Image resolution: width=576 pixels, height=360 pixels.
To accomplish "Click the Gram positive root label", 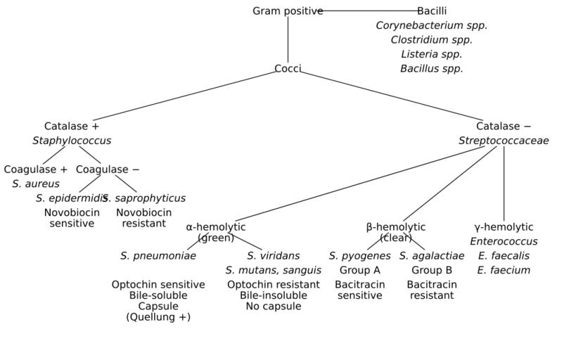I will pyautogui.click(x=288, y=11).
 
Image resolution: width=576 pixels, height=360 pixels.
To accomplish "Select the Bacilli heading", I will pyautogui.click(x=431, y=11).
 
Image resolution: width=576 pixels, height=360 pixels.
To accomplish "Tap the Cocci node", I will pyautogui.click(x=288, y=69).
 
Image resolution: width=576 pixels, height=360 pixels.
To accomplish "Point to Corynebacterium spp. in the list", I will pyautogui.click(x=431, y=25).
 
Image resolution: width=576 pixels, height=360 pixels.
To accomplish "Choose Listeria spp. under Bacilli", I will pyautogui.click(x=431, y=54).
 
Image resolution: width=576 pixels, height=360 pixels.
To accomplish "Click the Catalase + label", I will pyautogui.click(x=72, y=127).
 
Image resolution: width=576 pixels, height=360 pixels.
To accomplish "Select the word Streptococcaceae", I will pyautogui.click(x=504, y=141).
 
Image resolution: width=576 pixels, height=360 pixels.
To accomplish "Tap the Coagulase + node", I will pyautogui.click(x=36, y=169).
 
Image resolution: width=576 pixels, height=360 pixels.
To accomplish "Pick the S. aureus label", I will pyautogui.click(x=36, y=184).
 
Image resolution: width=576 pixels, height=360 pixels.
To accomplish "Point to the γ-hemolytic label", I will pyautogui.click(x=504, y=227).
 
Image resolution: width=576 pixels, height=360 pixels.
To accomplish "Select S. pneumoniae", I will pyautogui.click(x=158, y=256).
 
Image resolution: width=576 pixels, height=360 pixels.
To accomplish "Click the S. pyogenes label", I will pyautogui.click(x=359, y=256).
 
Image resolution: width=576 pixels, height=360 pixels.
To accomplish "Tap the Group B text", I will pyautogui.click(x=431, y=270).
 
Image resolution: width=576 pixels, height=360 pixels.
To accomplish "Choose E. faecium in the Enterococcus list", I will pyautogui.click(x=504, y=270).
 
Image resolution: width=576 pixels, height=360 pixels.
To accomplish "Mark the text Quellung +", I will pyautogui.click(x=158, y=317).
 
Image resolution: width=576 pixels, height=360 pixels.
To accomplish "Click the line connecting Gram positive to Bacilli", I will pyautogui.click(x=369, y=11).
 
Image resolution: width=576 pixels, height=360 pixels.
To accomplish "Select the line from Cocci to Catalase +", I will pyautogui.click(x=183, y=96).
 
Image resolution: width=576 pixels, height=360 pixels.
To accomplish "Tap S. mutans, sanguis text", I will pyautogui.click(x=273, y=270).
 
